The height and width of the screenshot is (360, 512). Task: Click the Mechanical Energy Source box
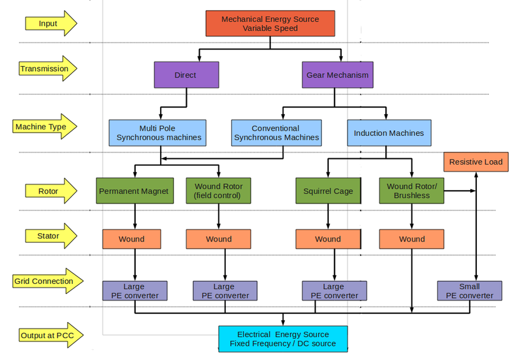(269, 24)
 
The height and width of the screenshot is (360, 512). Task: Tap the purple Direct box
(186, 75)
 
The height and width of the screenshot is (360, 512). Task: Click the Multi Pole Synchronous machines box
(159, 133)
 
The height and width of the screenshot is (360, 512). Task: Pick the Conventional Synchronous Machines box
(276, 133)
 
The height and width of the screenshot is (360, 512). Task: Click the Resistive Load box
(476, 162)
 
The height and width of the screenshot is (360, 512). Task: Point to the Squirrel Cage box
(328, 191)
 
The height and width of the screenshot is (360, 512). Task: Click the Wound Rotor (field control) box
(218, 191)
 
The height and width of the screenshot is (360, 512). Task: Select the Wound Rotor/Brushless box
(412, 191)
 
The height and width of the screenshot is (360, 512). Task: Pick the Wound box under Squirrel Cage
(328, 239)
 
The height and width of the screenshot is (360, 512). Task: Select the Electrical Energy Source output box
(283, 339)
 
